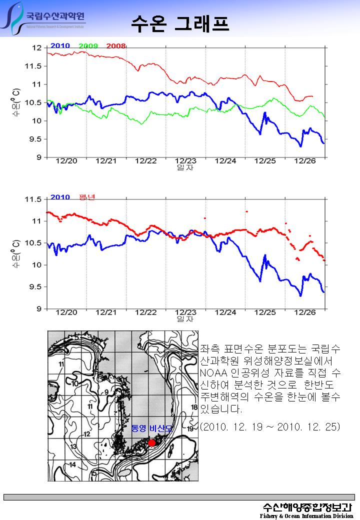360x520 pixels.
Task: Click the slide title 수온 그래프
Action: pyautogui.click(x=180, y=23)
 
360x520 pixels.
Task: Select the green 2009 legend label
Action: pyautogui.click(x=88, y=46)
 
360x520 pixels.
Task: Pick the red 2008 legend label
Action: pyautogui.click(x=116, y=46)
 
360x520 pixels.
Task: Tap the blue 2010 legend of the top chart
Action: pyautogui.click(x=60, y=46)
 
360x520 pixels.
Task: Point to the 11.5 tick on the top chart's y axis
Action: pyautogui.click(x=36, y=66)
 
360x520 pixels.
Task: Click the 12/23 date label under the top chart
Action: pyautogui.click(x=185, y=161)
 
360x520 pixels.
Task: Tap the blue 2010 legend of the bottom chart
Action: pyautogui.click(x=60, y=197)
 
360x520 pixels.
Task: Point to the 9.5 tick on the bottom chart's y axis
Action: pyautogui.click(x=36, y=287)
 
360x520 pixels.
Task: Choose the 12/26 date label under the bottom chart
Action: pyautogui.click(x=305, y=312)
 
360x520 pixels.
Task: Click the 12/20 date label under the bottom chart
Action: pyautogui.click(x=66, y=312)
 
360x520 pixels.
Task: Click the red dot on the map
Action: pyautogui.click(x=152, y=443)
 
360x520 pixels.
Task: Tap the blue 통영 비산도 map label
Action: pyautogui.click(x=151, y=429)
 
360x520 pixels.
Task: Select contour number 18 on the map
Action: pyautogui.click(x=194, y=407)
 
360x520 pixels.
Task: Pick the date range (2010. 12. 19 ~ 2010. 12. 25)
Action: pyautogui.click(x=269, y=427)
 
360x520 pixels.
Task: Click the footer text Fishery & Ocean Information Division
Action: pyautogui.click(x=306, y=515)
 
